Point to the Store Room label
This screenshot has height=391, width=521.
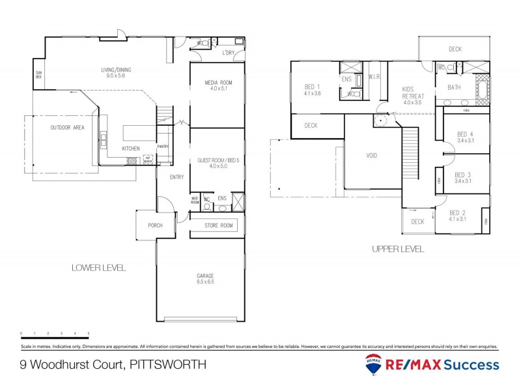pyautogui.click(x=218, y=226)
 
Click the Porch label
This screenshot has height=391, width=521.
pyautogui.click(x=154, y=226)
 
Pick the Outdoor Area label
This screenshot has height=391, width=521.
pyautogui.click(x=68, y=128)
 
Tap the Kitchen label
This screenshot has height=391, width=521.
pyautogui.click(x=131, y=149)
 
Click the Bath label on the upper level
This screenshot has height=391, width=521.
pyautogui.click(x=455, y=87)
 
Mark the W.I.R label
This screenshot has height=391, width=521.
pyautogui.click(x=374, y=77)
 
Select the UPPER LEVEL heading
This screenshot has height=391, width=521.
pyautogui.click(x=397, y=249)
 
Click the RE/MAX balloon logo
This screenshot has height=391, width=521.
pyautogui.click(x=374, y=366)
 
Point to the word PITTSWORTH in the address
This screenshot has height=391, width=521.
pyautogui.click(x=169, y=365)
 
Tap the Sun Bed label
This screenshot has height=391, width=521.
pyautogui.click(x=38, y=74)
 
